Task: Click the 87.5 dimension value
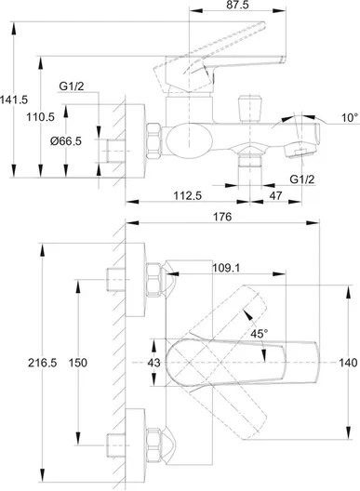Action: click(x=237, y=5)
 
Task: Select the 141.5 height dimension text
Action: click(x=14, y=100)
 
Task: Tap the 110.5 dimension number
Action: click(x=40, y=117)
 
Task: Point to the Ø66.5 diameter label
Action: click(x=66, y=141)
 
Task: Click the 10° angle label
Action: click(x=350, y=118)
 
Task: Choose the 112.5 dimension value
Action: click(x=188, y=195)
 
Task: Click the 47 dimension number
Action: click(x=275, y=195)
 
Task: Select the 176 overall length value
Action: click(x=222, y=217)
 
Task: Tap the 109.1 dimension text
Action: click(x=226, y=268)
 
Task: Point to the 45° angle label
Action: click(x=260, y=334)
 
